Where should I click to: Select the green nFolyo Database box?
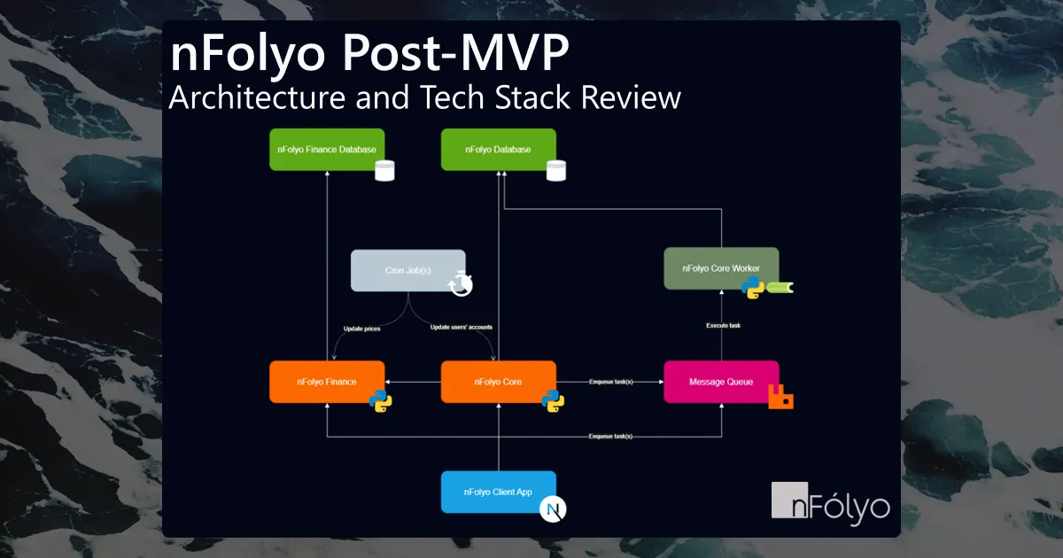coord(498,150)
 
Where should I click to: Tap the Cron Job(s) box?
coord(407,270)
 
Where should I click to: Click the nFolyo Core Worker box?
coord(721,267)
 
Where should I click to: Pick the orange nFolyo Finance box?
coord(326,382)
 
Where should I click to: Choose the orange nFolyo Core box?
coord(498,382)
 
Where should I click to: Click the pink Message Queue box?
coord(721,382)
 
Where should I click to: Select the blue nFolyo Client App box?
coord(498,492)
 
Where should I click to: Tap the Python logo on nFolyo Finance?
coord(381,401)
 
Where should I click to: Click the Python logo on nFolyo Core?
coord(553,401)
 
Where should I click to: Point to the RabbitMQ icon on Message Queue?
coord(780,399)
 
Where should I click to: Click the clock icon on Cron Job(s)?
coord(461,283)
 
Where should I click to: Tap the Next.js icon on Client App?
coord(554,509)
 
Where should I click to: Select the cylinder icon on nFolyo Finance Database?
coord(384,170)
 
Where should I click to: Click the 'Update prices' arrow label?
coord(361,328)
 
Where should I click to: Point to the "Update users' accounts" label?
coord(462,328)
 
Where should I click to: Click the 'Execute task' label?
coord(722,325)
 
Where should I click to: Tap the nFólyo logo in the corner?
coord(830,502)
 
